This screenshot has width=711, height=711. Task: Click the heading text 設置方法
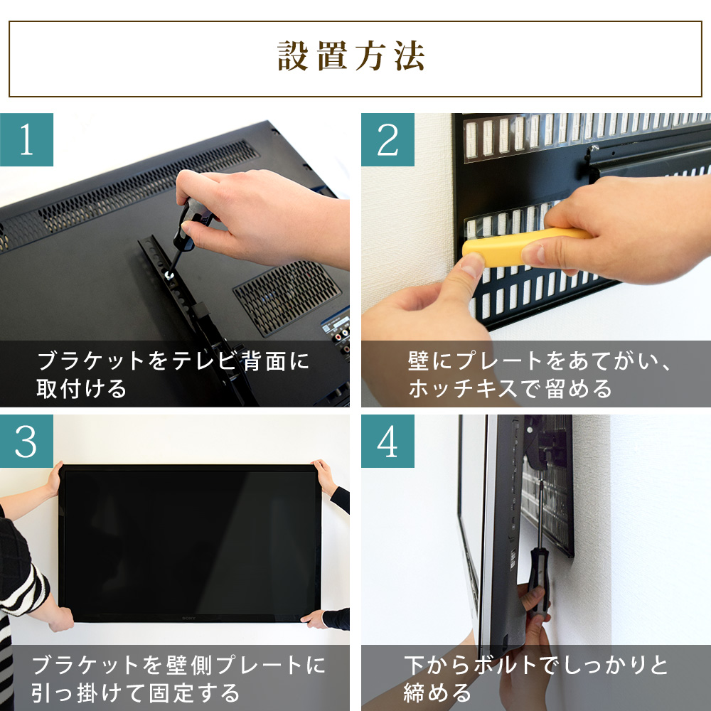tap(351, 58)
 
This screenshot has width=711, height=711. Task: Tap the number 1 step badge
tap(26, 139)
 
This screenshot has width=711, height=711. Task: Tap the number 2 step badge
tap(387, 139)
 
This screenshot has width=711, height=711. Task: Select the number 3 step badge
tap(26, 442)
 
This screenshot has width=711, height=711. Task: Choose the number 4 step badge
tap(387, 442)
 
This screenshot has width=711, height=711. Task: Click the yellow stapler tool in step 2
tap(523, 242)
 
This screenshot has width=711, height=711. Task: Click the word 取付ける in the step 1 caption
tap(81, 389)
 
